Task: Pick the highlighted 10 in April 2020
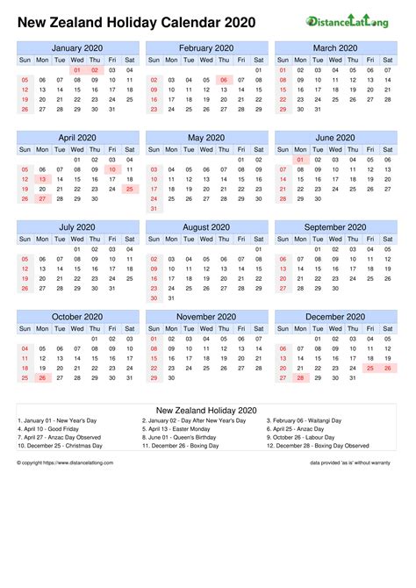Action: tap(111, 169)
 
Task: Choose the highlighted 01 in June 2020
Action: tap(300, 159)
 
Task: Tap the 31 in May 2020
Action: tap(154, 209)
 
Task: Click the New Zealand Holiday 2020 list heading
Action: tap(206, 410)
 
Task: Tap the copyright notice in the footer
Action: tap(58, 461)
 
